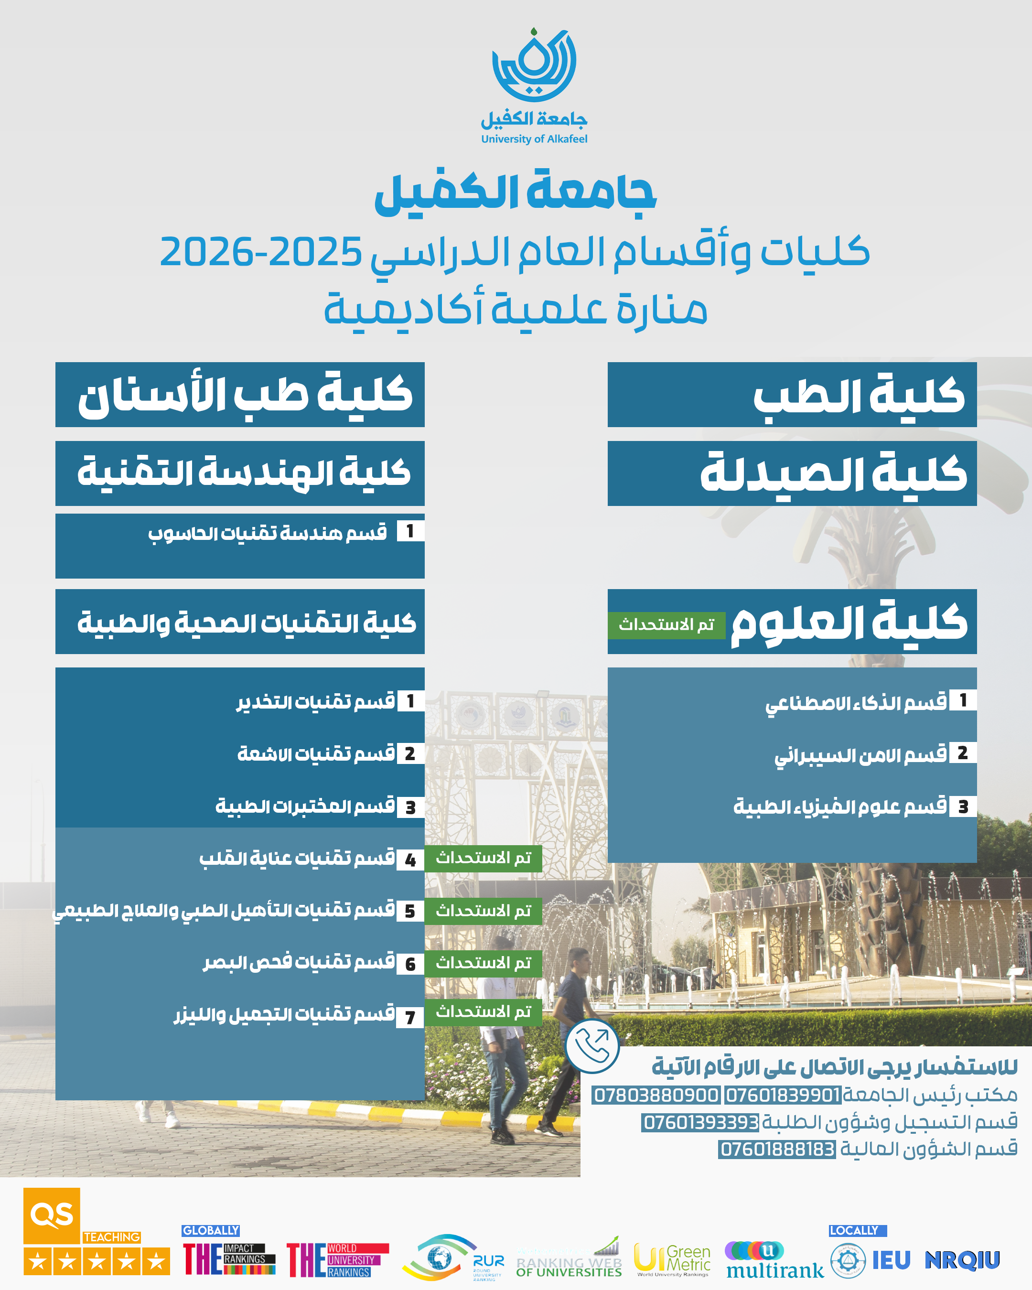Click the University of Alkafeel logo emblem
(x=534, y=66)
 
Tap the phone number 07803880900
(x=656, y=1095)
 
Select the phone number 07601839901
(x=783, y=1095)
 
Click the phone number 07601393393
(x=700, y=1122)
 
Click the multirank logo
(x=774, y=1260)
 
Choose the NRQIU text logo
(x=962, y=1259)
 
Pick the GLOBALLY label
(x=211, y=1230)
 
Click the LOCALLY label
(x=857, y=1230)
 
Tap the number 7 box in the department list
(x=410, y=1017)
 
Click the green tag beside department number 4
(x=484, y=858)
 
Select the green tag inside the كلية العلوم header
(x=666, y=624)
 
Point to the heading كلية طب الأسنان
(x=245, y=395)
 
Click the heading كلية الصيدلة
(x=833, y=474)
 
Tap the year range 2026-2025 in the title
(x=261, y=252)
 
